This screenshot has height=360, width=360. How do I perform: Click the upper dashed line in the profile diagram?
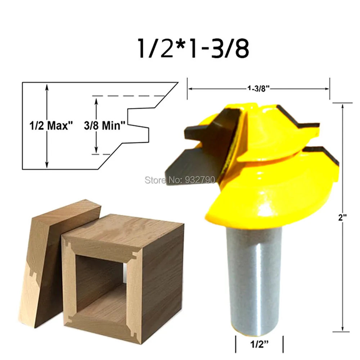[x=128, y=96]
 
